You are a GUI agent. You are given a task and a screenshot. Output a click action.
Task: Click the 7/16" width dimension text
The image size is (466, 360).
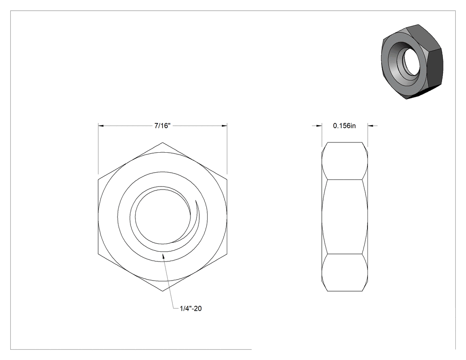point(162,126)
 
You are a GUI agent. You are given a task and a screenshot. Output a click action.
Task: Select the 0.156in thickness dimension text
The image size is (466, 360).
point(344,126)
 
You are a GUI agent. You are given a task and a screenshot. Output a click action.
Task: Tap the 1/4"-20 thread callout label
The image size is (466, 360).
point(190,309)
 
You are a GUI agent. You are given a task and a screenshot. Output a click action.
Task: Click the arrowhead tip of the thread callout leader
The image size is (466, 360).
point(162,253)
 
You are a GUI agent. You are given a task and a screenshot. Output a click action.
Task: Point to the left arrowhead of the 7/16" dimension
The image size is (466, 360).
point(101,126)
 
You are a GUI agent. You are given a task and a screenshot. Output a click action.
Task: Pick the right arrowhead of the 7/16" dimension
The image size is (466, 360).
point(225,126)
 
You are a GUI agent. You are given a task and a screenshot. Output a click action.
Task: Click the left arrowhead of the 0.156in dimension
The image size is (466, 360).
point(319,126)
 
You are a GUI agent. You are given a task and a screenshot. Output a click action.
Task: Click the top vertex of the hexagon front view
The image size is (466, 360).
point(162,142)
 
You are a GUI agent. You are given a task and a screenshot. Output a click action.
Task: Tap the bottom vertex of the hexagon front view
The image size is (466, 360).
point(162,291)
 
